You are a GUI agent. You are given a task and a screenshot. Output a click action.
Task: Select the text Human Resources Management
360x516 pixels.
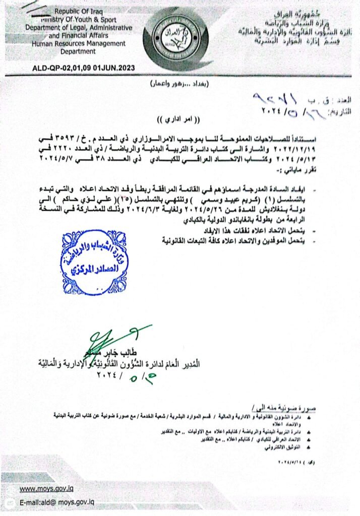tap(78, 43)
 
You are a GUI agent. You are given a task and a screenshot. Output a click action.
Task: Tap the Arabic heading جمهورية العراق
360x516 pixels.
tap(316, 11)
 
